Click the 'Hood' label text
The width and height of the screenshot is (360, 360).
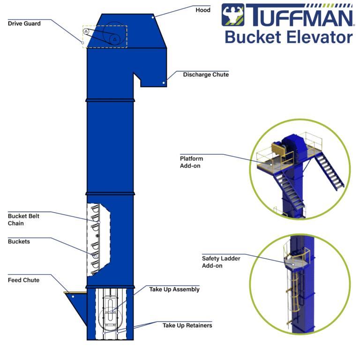(202, 9)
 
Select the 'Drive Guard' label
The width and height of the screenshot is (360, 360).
(23, 23)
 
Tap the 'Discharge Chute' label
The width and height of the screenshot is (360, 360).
(206, 75)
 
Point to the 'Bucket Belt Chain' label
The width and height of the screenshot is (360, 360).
(23, 220)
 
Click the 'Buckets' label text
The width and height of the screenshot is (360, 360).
(19, 242)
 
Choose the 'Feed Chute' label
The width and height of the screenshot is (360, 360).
(23, 280)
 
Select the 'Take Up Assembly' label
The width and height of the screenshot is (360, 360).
(174, 289)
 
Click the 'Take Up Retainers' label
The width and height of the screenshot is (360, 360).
(187, 325)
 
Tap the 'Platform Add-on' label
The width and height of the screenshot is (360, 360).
(191, 162)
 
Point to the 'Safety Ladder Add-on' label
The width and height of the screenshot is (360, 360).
(218, 262)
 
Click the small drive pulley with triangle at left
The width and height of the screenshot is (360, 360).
(86, 31)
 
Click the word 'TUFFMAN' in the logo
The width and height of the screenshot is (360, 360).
(300, 15)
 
